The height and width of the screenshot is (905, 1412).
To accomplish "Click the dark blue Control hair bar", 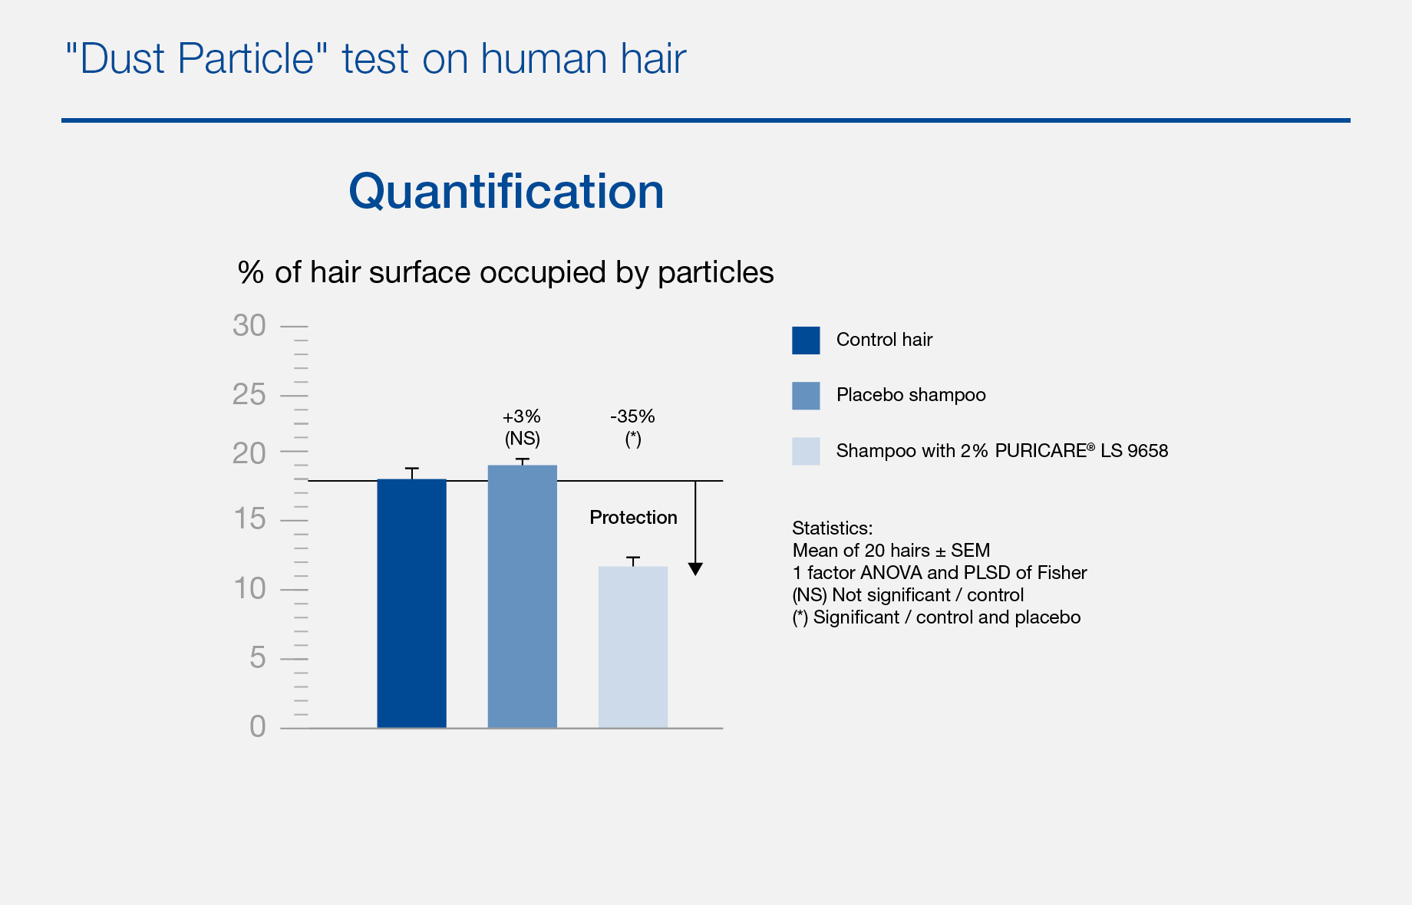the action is pyautogui.click(x=411, y=604).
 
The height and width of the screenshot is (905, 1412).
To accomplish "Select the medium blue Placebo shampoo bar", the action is pyautogui.click(x=523, y=597).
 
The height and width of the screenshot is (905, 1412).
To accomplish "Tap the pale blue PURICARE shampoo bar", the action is pyautogui.click(x=633, y=647).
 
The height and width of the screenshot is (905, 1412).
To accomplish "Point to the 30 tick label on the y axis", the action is pyautogui.click(x=249, y=326).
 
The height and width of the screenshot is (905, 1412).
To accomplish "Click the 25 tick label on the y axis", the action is pyautogui.click(x=249, y=395).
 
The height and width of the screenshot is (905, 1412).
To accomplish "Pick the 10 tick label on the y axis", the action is pyautogui.click(x=249, y=589).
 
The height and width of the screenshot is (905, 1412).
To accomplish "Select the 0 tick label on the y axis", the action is pyautogui.click(x=258, y=726).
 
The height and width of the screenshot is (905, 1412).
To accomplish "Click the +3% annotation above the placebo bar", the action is pyautogui.click(x=522, y=416).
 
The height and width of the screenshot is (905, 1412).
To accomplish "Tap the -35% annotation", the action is pyautogui.click(x=633, y=416).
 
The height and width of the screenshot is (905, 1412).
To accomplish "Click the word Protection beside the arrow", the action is pyautogui.click(x=633, y=518).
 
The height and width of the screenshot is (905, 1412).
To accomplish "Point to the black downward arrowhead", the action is pyautogui.click(x=695, y=569).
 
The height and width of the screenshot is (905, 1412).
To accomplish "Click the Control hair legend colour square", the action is pyautogui.click(x=806, y=341).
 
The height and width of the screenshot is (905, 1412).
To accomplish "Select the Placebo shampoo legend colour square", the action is pyautogui.click(x=806, y=396).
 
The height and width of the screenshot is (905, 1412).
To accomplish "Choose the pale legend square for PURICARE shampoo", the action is pyautogui.click(x=806, y=451).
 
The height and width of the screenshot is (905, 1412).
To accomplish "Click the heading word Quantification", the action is pyautogui.click(x=506, y=191).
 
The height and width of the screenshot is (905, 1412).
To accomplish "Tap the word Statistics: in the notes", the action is pyautogui.click(x=833, y=528).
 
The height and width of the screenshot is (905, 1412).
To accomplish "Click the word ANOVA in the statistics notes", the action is pyautogui.click(x=891, y=573).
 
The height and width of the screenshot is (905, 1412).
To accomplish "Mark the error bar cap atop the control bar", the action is pyautogui.click(x=412, y=468).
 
